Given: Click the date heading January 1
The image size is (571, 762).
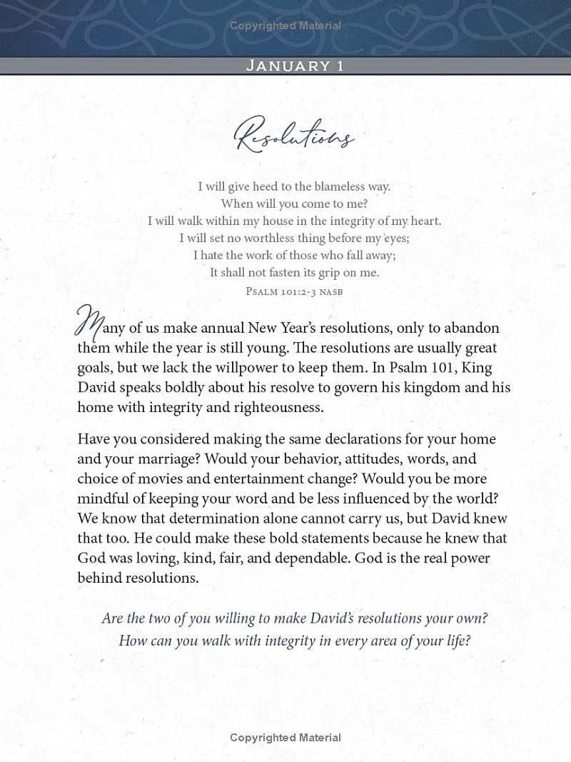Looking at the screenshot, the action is (295, 66).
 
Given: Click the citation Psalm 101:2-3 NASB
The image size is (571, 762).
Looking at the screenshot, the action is (294, 291).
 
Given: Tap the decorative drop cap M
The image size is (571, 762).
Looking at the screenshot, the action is (89, 323).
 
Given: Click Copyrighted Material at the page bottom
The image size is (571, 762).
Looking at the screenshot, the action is (285, 738).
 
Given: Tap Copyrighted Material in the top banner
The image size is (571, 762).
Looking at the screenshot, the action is (285, 26).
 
